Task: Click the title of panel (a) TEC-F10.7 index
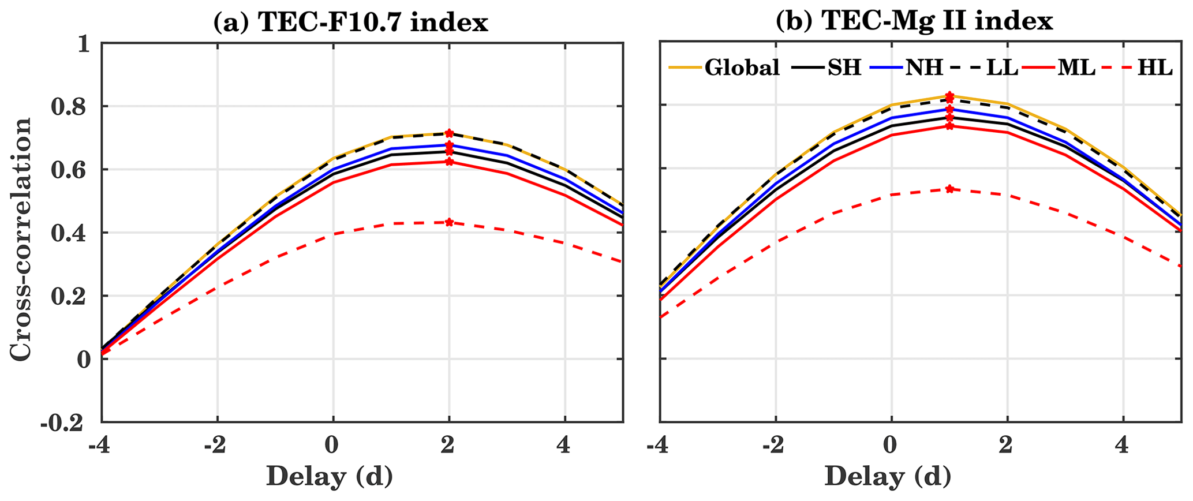tap(351, 23)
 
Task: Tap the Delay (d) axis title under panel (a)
tap(330, 476)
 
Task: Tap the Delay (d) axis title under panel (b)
tap(888, 476)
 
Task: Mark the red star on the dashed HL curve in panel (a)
tap(449, 222)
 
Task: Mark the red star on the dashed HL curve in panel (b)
tap(949, 189)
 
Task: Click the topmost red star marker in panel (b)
tap(949, 95)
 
